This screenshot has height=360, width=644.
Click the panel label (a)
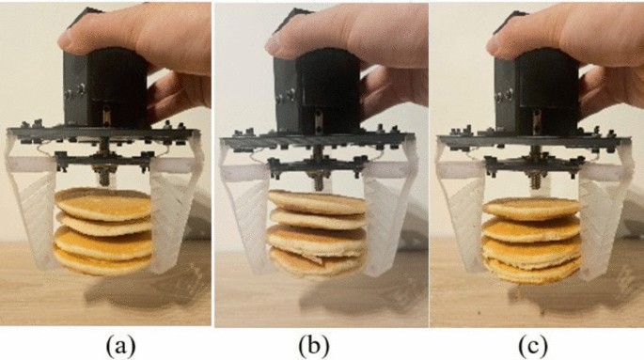[x=120, y=347]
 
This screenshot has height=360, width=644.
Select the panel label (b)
[x=314, y=347]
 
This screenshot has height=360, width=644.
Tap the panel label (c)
[x=533, y=347]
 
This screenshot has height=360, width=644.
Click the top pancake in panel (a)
[x=102, y=203]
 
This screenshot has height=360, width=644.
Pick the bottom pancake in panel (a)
[x=102, y=262]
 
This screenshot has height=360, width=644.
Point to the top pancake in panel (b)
[x=317, y=201]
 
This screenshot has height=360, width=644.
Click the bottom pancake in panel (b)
[x=316, y=262]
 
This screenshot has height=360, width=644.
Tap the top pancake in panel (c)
[x=532, y=208]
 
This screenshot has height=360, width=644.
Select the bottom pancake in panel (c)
[x=532, y=270]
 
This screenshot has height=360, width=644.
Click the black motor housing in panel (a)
[x=104, y=86]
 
